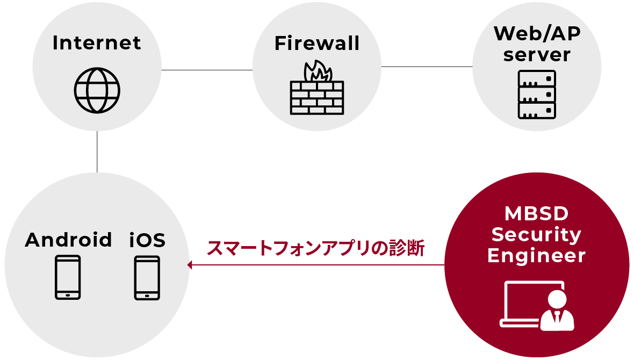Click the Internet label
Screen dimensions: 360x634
tap(97, 43)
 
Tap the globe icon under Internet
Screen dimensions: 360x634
tap(97, 90)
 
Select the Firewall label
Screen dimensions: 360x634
tap(317, 44)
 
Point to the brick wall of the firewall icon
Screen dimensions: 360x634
tap(317, 98)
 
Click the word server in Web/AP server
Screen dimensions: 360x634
tap(537, 55)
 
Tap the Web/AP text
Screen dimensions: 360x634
tap(537, 33)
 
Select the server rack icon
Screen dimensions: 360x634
tap(537, 95)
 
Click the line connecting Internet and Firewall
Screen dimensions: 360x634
tap(207, 70)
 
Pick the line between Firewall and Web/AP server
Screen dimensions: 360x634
tap(427, 67)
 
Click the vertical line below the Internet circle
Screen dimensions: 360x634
tap(97, 152)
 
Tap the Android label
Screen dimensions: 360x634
tap(68, 240)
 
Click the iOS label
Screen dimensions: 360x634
tap(147, 240)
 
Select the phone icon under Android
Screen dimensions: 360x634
tap(68, 277)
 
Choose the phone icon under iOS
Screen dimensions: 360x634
tap(147, 277)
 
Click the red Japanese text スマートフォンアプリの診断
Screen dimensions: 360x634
tap(316, 248)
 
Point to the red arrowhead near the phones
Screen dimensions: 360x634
tap(190, 265)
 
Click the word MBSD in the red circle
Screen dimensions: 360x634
tap(536, 213)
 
